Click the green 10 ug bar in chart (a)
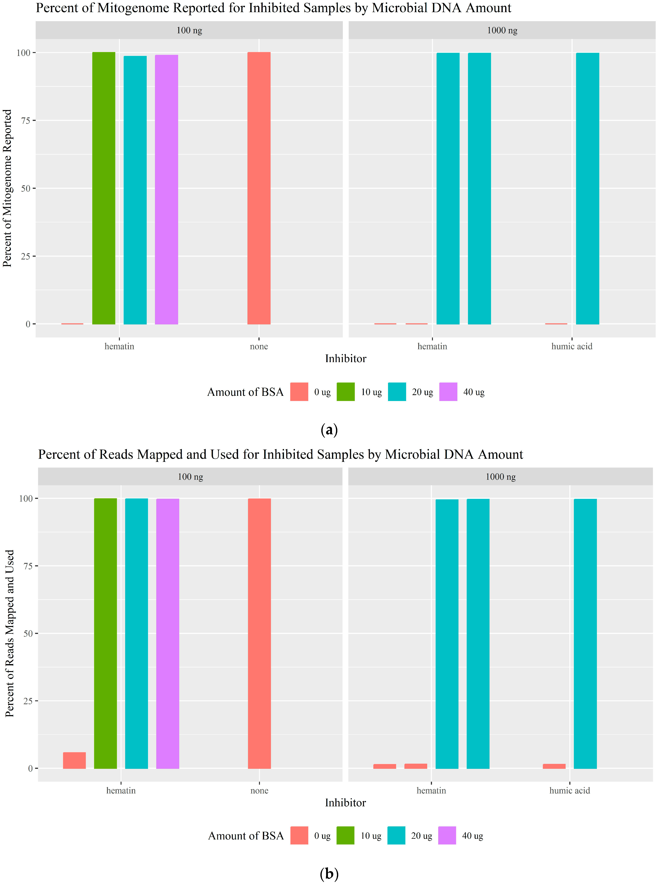pos(104,188)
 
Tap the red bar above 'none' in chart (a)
pos(259,188)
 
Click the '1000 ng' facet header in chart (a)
pos(502,30)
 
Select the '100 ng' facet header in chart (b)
pos(190,477)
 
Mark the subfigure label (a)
pos(329,430)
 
